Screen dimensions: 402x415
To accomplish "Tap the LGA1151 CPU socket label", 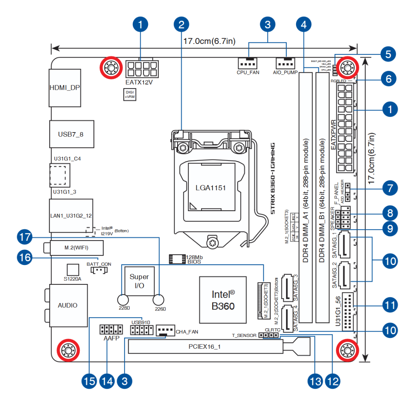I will [x=211, y=187].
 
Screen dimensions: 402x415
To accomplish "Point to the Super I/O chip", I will [x=139, y=282].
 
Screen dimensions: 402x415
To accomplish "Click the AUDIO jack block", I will [x=68, y=305].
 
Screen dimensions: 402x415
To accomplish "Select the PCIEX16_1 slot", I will [x=205, y=347].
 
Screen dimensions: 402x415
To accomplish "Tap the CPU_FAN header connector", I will [x=248, y=63].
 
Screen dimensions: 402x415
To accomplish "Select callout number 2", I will [x=182, y=25].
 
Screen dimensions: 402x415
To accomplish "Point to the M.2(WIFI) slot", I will [x=76, y=247].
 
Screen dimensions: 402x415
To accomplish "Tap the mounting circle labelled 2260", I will [x=159, y=299].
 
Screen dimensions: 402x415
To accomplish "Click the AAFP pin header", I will [x=111, y=329].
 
